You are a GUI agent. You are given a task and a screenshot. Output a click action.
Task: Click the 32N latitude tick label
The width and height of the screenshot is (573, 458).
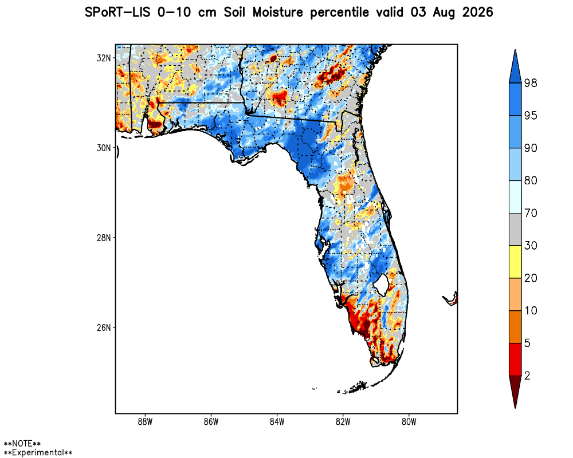(x=103, y=58)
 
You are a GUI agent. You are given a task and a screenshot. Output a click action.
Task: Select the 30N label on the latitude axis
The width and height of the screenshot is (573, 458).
(x=103, y=148)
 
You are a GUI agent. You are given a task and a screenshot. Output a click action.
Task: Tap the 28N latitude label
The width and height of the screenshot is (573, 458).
(x=103, y=238)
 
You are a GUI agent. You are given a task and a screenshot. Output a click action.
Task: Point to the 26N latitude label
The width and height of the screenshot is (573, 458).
(x=103, y=327)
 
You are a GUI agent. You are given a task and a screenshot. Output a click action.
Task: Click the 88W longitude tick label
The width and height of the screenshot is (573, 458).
(x=145, y=422)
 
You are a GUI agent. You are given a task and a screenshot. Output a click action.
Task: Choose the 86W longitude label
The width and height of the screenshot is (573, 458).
(x=211, y=422)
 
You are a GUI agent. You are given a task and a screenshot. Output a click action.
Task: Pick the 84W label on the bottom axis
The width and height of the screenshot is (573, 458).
(x=277, y=422)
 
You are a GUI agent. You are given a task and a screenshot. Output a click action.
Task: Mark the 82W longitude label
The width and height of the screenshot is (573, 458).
(x=343, y=422)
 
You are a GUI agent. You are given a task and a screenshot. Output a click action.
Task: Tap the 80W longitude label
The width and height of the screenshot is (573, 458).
(x=409, y=422)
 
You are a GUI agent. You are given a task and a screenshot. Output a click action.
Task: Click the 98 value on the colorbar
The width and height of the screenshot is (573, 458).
(x=531, y=83)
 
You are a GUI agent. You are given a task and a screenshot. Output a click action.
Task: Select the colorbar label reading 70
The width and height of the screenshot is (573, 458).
(x=531, y=213)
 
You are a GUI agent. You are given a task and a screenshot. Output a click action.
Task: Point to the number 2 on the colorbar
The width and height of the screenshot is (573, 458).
(x=527, y=376)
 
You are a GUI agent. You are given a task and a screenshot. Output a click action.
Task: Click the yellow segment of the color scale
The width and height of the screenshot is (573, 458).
(x=515, y=262)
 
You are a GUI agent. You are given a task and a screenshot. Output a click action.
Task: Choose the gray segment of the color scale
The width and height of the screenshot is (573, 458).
(x=515, y=230)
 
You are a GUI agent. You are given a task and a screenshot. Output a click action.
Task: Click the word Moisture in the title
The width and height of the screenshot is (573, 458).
(x=278, y=13)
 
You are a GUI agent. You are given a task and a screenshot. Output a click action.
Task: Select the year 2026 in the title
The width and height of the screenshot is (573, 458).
(x=478, y=13)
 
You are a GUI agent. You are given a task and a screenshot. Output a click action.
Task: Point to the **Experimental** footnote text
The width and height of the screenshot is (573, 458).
(x=38, y=452)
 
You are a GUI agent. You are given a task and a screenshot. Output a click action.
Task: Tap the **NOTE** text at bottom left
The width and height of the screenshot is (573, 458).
(x=22, y=444)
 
